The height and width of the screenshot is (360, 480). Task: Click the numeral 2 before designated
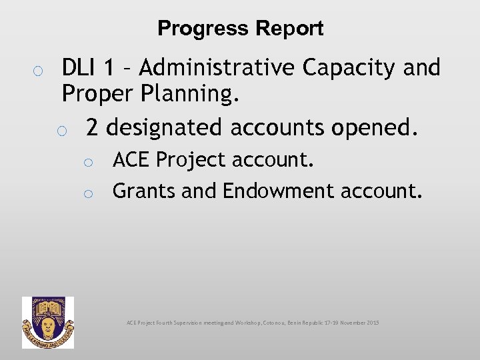pyautogui.click(x=92, y=126)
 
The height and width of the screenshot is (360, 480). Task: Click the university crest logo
pyautogui.click(x=48, y=323)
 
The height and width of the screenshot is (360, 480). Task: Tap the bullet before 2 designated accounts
pyautogui.click(x=62, y=129)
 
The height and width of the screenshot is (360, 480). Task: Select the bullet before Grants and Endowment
pyautogui.click(x=87, y=193)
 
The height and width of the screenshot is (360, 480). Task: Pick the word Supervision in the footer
pyautogui.click(x=189, y=323)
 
